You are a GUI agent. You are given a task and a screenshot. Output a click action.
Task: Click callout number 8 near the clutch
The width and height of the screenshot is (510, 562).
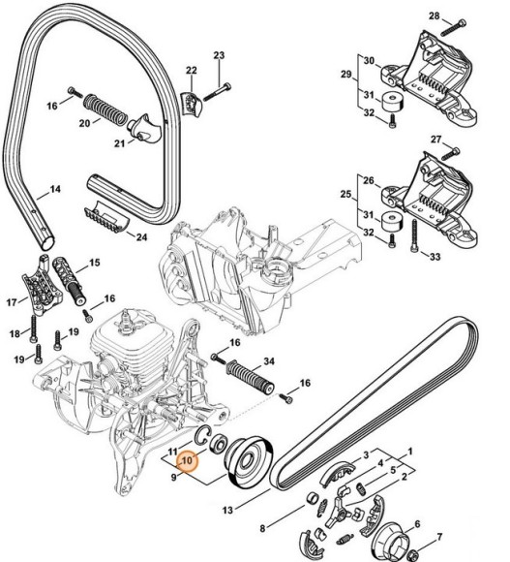pyautogui.click(x=262, y=528)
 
